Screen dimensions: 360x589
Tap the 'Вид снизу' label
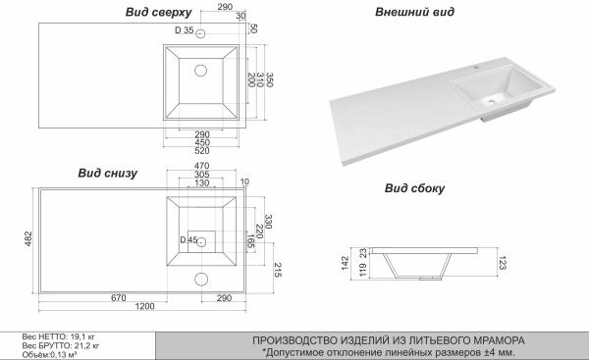[x=107, y=173]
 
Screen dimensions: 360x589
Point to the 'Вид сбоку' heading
[x=411, y=187]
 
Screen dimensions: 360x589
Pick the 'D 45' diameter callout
[x=187, y=239]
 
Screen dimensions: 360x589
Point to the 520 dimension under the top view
[x=201, y=150]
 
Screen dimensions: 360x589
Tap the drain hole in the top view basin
[x=201, y=71]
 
